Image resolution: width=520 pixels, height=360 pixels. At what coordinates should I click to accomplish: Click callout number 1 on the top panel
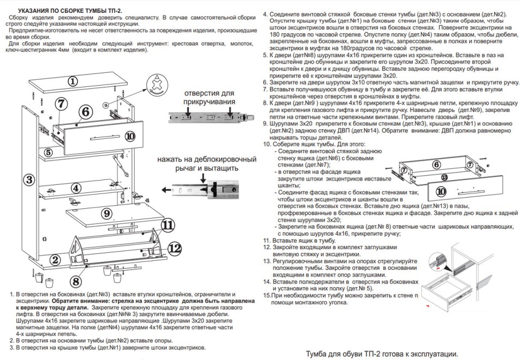point(73,81)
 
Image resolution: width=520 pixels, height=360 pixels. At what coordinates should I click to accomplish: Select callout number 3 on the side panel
point(30,179)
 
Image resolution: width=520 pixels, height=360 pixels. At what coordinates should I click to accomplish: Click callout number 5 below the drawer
point(49,152)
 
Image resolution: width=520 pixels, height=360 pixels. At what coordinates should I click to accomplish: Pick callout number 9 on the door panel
point(107,213)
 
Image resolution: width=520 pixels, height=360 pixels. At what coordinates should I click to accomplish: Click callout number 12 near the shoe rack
point(174,247)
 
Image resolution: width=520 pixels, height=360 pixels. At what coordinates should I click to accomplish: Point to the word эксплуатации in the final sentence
point(429,354)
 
